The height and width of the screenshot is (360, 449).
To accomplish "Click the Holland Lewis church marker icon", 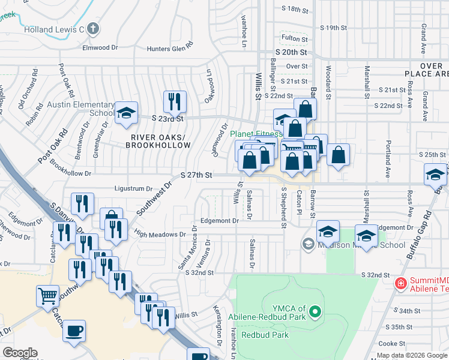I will [x=92, y=28].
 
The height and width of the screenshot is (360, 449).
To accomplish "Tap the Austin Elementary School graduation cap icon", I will [x=126, y=113].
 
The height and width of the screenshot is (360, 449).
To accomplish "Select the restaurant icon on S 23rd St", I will [x=175, y=101].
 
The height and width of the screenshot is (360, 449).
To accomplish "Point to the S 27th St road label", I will [x=197, y=175].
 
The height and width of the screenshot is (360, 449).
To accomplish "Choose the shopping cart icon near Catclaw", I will [x=48, y=296].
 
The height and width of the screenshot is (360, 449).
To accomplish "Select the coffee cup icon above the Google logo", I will [x=74, y=331].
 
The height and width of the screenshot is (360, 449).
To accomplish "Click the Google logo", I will [x=20, y=353].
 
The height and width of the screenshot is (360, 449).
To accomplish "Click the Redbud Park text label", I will [x=265, y=335].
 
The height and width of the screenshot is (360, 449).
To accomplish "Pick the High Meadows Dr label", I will [x=160, y=235].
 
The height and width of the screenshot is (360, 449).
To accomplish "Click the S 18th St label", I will [x=294, y=10].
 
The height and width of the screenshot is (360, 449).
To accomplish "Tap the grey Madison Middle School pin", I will [x=308, y=244].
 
